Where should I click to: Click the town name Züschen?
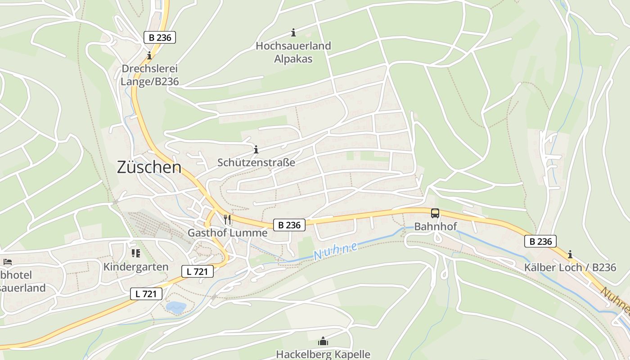tap(149, 167)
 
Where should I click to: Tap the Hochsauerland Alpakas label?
tap(293, 52)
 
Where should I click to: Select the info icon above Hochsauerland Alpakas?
tap(293, 32)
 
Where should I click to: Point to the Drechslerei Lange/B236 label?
tap(150, 75)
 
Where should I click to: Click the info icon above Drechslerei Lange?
tap(149, 56)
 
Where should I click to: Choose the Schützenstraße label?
tap(256, 162)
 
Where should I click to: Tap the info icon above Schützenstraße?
tap(256, 149)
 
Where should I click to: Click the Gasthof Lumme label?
tap(227, 233)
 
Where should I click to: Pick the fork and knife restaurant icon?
tap(227, 220)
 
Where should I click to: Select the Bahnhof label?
tap(435, 226)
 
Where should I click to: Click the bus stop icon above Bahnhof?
tap(435, 213)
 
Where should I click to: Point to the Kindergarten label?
tap(136, 266)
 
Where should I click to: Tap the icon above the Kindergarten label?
tap(136, 253)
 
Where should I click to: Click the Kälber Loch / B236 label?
tap(570, 267)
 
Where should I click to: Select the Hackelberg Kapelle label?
tap(323, 354)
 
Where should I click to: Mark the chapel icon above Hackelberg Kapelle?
tap(323, 342)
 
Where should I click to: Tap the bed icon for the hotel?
tap(8, 261)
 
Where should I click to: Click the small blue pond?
tap(176, 307)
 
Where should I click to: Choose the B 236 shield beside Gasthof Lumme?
tap(289, 225)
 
